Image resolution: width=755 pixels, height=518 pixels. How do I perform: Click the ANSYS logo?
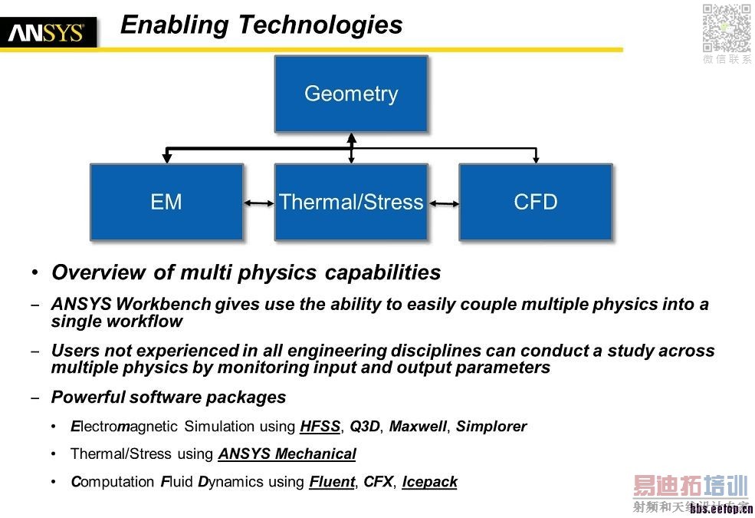pyautogui.click(x=48, y=33)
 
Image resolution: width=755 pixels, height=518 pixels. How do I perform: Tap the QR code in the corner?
pyautogui.click(x=727, y=28)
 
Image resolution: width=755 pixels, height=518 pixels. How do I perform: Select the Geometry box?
pyautogui.click(x=351, y=94)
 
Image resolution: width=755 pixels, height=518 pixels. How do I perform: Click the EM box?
pyautogui.click(x=166, y=202)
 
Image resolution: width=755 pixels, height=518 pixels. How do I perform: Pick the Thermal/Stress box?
pyautogui.click(x=351, y=202)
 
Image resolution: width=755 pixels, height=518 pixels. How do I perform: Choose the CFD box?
pyautogui.click(x=536, y=202)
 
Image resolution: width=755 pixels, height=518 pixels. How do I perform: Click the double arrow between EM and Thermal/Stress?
pyautogui.click(x=259, y=203)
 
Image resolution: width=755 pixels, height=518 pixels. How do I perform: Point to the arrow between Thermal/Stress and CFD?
pyautogui.click(x=444, y=203)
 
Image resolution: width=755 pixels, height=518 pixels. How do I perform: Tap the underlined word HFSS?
pyautogui.click(x=320, y=427)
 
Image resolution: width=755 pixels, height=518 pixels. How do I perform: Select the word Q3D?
pyautogui.click(x=365, y=427)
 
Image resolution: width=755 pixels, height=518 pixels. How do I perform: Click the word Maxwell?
pyautogui.click(x=418, y=427)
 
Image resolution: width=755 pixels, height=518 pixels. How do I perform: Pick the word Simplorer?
pyautogui.click(x=491, y=427)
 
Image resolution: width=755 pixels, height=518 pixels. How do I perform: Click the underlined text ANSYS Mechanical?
pyautogui.click(x=287, y=454)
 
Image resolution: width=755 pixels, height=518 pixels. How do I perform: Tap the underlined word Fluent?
pyautogui.click(x=332, y=482)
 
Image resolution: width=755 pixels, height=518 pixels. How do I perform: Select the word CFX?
pyautogui.click(x=379, y=482)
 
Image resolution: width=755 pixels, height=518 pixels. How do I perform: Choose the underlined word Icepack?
pyautogui.click(x=429, y=482)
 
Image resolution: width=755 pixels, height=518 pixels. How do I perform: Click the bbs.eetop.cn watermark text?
pyautogui.click(x=721, y=510)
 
